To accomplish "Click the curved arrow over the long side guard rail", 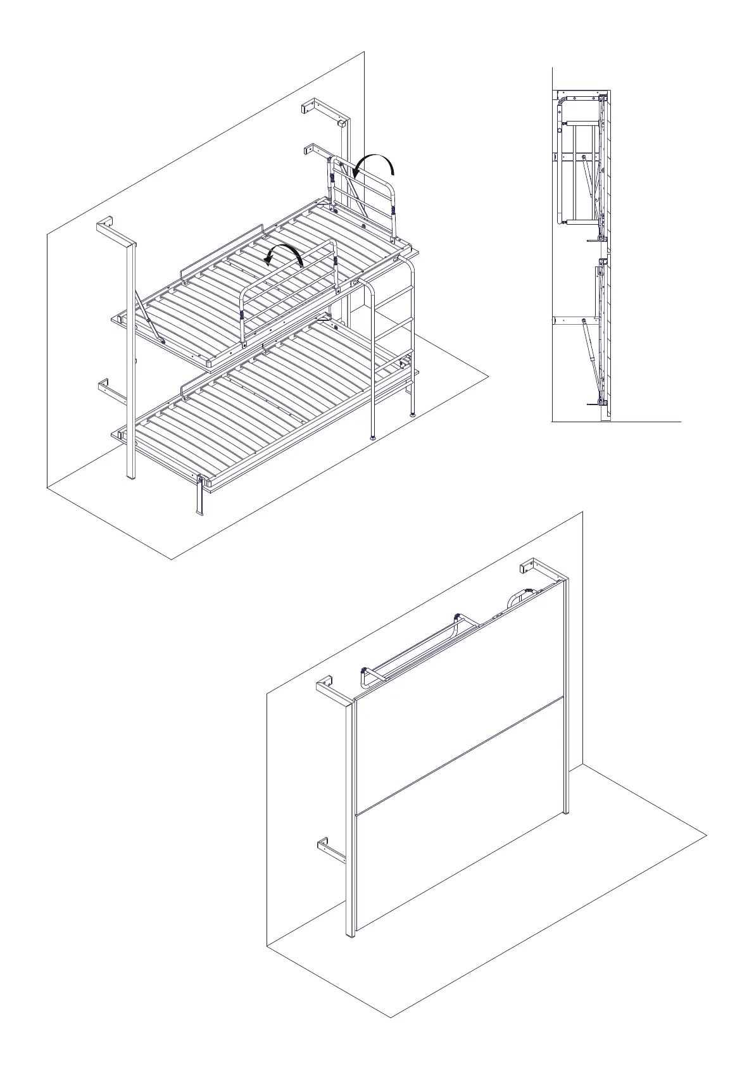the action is (x=284, y=253).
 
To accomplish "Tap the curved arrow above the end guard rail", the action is (x=374, y=161).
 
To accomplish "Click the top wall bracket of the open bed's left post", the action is (x=105, y=225).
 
